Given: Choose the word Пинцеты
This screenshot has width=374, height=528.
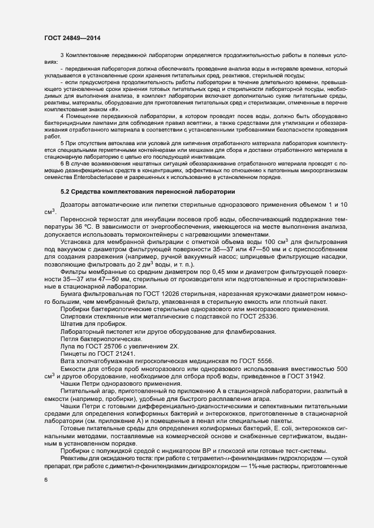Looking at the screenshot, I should [74, 354].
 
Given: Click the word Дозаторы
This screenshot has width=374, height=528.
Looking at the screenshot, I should [76, 204].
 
